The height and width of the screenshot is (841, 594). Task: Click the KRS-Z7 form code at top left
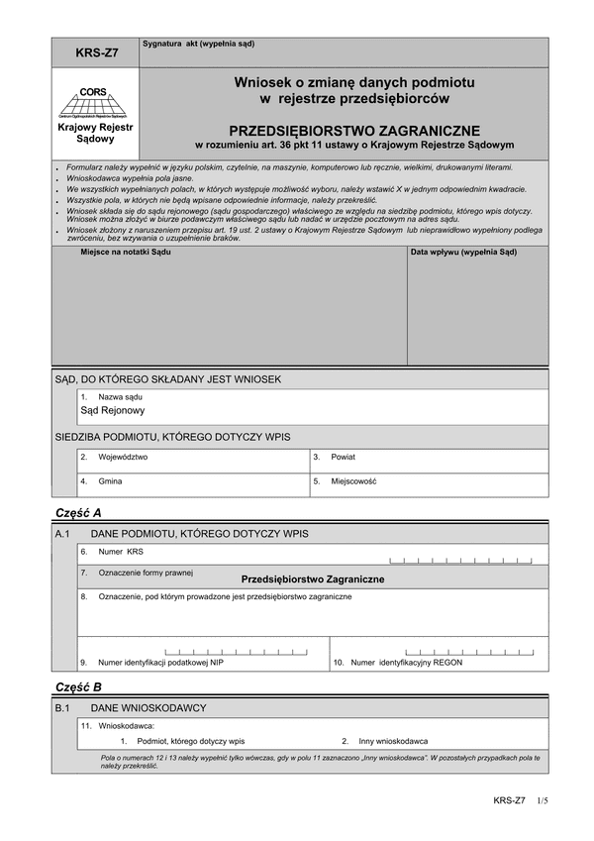tap(95, 53)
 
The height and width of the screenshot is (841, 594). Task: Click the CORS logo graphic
tap(95, 102)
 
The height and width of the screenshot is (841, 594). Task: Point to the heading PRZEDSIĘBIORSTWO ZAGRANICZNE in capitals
tap(354, 130)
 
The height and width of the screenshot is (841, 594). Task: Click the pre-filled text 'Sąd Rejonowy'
tap(112, 410)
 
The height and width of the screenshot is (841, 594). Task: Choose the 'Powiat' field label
tap(344, 457)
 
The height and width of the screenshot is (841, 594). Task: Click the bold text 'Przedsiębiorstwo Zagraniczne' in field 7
tap(312, 578)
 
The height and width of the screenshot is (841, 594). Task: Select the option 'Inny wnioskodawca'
tap(393, 740)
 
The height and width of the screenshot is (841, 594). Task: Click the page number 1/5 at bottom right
tap(542, 799)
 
